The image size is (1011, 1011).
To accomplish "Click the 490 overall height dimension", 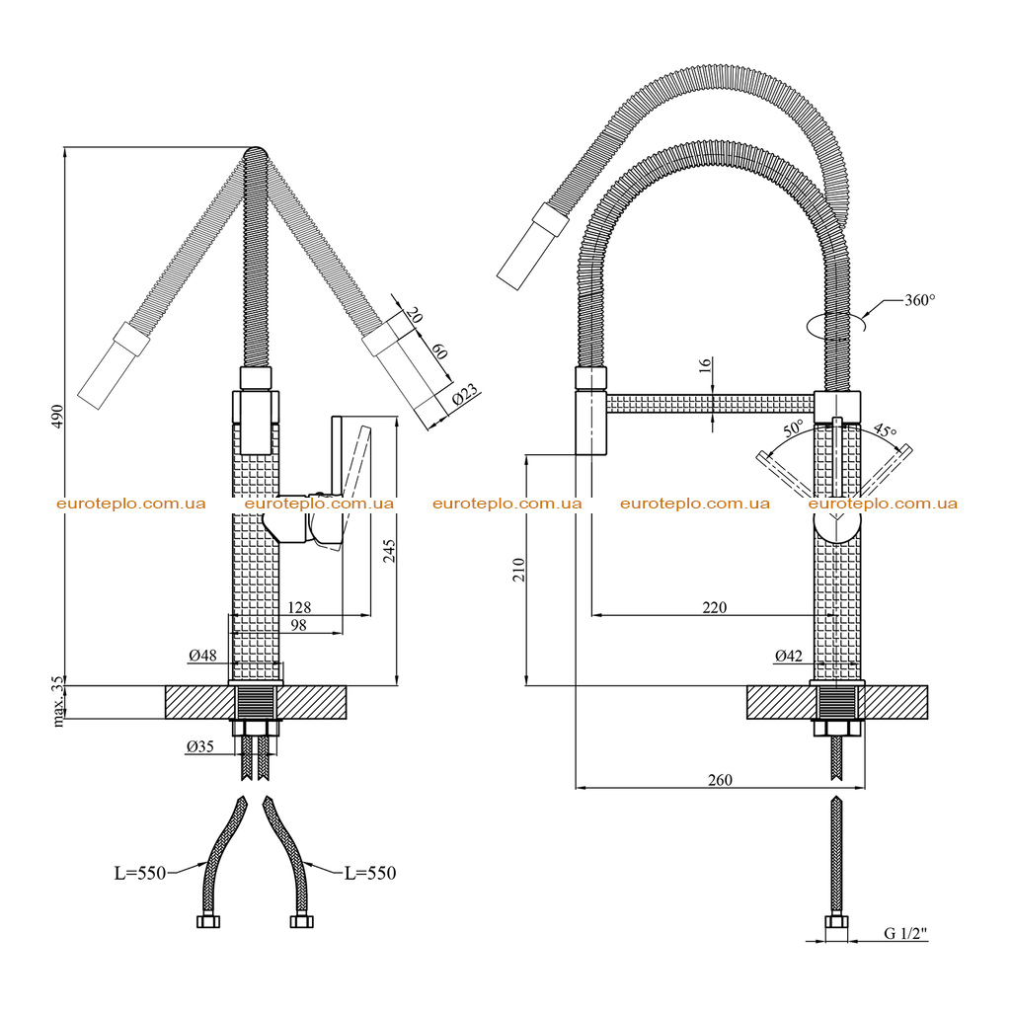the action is coord(57,417).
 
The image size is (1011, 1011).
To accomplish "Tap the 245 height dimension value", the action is coord(389,551).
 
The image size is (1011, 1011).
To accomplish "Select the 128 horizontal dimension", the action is coord(299,607).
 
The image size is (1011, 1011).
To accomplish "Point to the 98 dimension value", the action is coord(298,625).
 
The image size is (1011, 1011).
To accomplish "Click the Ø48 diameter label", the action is coord(202,656).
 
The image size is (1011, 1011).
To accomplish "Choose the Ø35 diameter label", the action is coord(199,746).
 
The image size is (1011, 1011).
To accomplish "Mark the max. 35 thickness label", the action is coord(58,702).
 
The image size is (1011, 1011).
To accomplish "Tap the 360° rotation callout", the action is coord(919,300).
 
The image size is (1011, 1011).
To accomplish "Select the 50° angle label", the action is coord(793,428).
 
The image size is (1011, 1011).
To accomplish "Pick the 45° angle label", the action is coord(885,430).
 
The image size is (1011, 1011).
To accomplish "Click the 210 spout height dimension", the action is coord(518,570).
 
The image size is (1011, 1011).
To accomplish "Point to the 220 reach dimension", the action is coord(715,607).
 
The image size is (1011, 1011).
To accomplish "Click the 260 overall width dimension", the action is coord(720,780).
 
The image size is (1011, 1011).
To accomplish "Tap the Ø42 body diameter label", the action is coord(789,656).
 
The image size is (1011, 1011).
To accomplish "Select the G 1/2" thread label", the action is coord(905,933).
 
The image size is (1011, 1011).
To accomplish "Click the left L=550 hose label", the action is coord(140,873).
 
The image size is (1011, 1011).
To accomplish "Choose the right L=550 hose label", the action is coord(370,873).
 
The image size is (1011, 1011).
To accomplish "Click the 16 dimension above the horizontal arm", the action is coord(705,365).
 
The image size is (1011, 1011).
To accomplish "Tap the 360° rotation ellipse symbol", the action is coord(835,324).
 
